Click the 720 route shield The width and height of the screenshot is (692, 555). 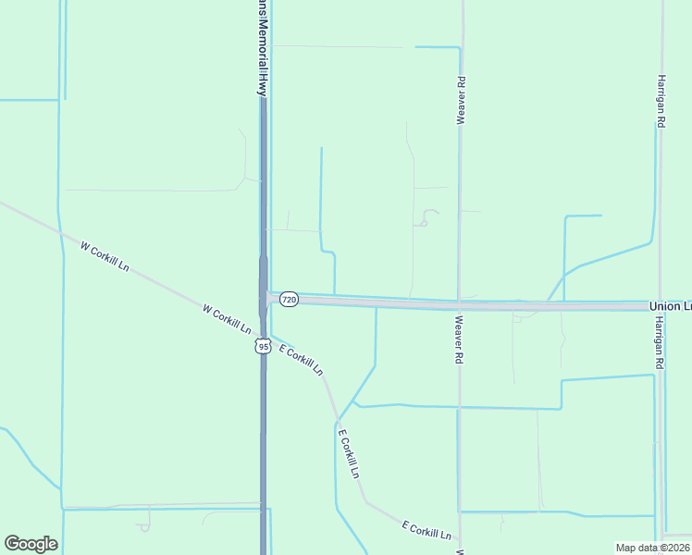(x=289, y=300)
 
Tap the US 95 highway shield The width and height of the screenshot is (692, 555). (x=263, y=346)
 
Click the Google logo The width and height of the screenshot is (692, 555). (x=31, y=544)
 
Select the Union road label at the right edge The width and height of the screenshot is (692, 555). (x=670, y=306)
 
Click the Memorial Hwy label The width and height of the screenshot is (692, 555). (x=263, y=46)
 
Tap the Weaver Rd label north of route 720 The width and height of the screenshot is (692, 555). (x=460, y=101)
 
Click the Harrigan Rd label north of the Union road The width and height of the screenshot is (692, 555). (x=661, y=101)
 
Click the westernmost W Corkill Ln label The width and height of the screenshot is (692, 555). (x=105, y=257)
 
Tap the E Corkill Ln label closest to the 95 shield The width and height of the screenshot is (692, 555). (x=301, y=360)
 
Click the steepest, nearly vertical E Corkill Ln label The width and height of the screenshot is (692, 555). (x=348, y=453)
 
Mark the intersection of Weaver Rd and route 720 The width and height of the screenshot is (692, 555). (x=460, y=304)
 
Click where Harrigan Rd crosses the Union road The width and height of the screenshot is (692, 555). (x=659, y=305)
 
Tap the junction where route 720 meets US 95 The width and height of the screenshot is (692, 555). (x=266, y=298)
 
